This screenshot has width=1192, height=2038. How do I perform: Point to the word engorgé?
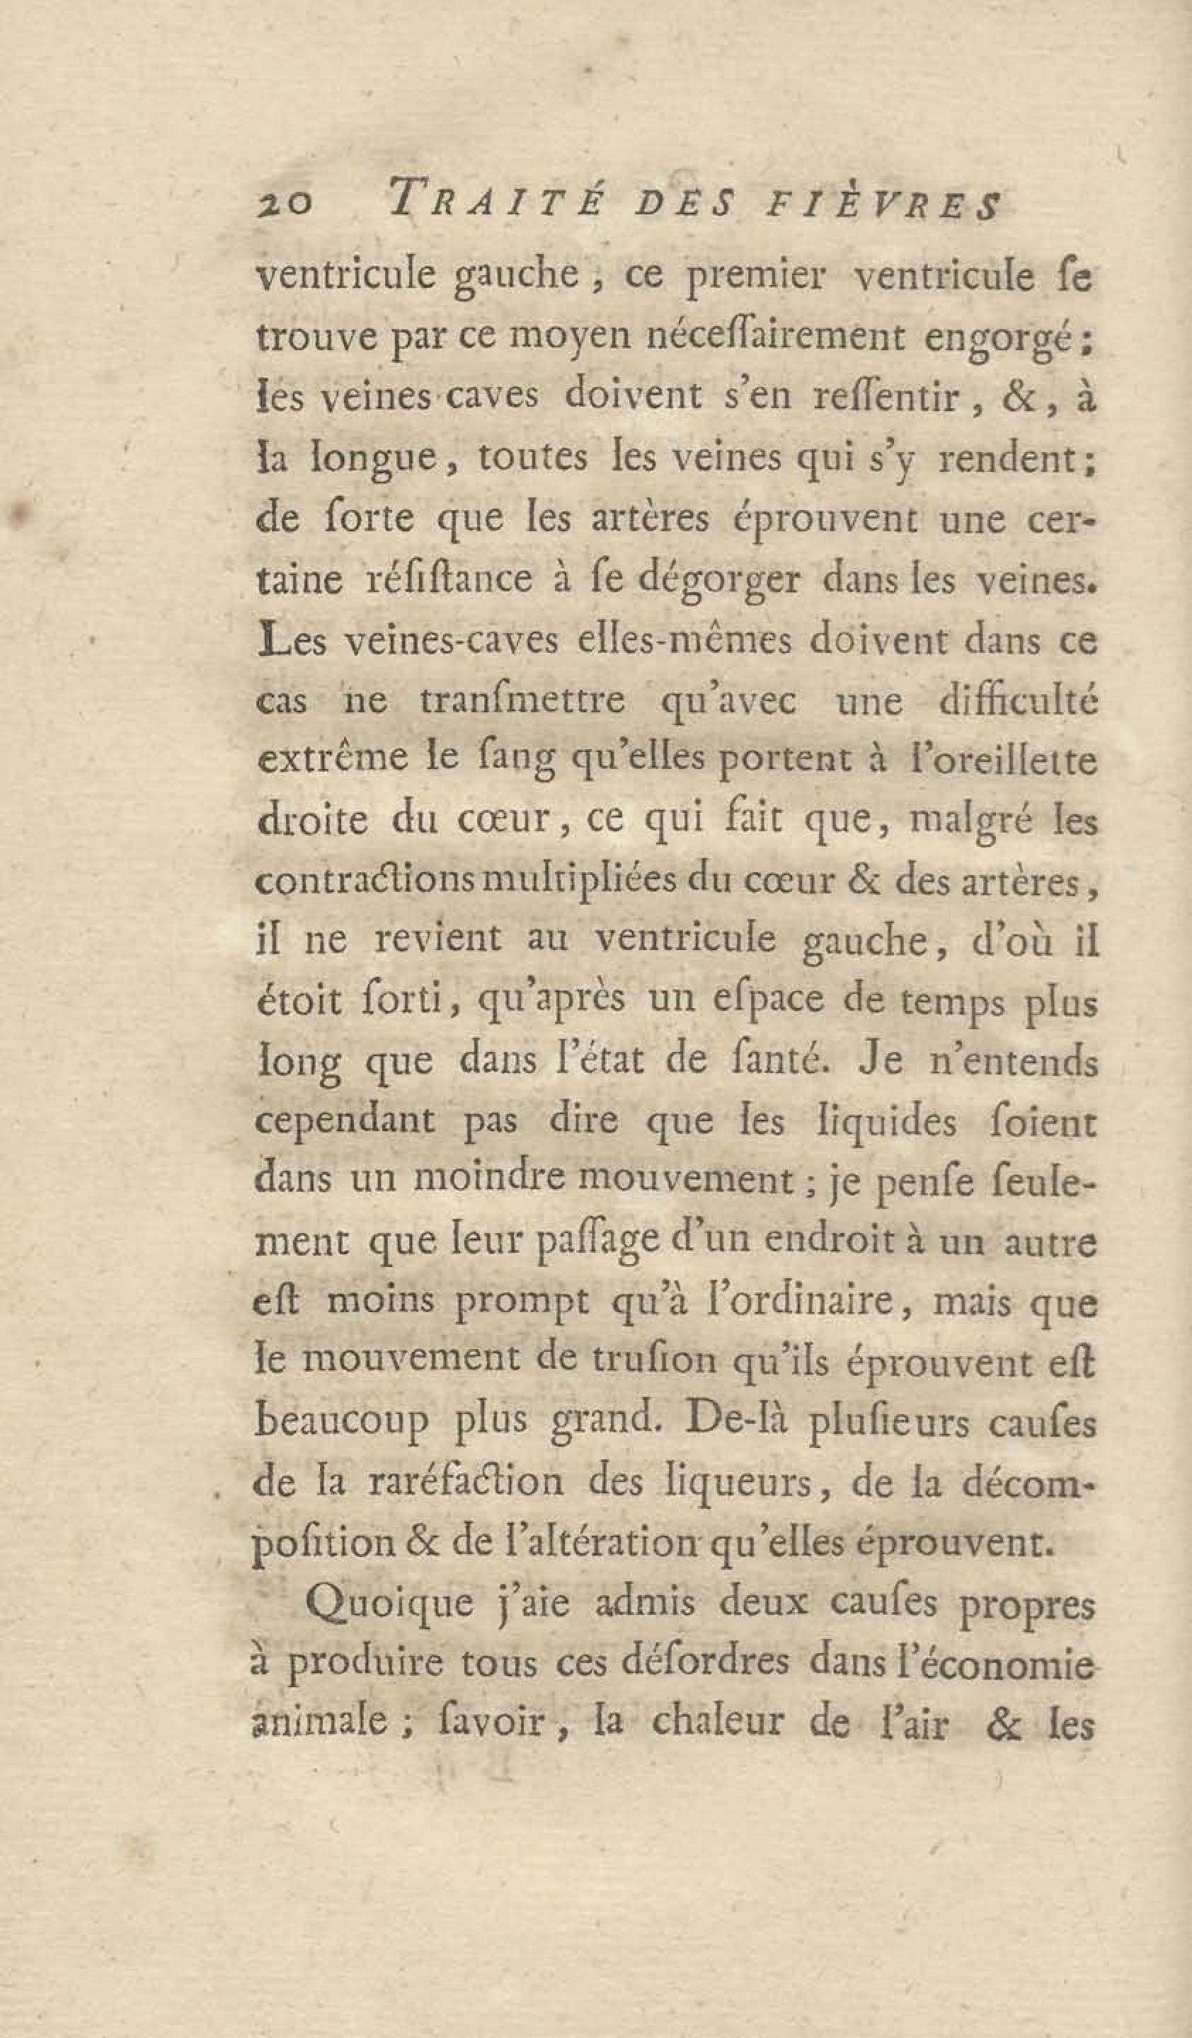coord(1002,340)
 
